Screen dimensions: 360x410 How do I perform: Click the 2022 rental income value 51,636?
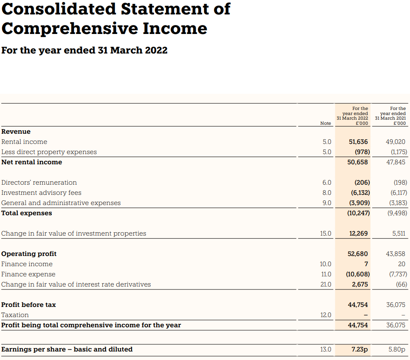pyautogui.click(x=358, y=142)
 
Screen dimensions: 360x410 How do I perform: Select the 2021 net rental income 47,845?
pyautogui.click(x=396, y=162)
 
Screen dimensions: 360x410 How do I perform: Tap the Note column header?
pyautogui.click(x=326, y=123)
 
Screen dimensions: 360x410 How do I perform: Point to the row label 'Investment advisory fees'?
pyautogui.click(x=41, y=193)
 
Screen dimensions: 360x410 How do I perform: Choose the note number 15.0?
pyautogui.click(x=326, y=233)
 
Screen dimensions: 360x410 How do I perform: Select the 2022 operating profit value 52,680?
pyautogui.click(x=358, y=254)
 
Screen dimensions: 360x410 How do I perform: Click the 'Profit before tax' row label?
pyautogui.click(x=28, y=305)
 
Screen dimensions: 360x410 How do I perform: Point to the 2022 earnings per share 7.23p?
pyautogui.click(x=359, y=349)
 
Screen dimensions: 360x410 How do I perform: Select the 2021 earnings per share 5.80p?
pyautogui.click(x=396, y=349)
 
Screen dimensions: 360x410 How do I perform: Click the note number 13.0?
pyautogui.click(x=326, y=349)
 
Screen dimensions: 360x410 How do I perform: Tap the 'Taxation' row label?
pyautogui.click(x=15, y=315)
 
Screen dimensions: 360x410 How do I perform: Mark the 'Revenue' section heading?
pyautogui.click(x=16, y=132)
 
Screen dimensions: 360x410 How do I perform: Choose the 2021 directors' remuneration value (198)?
pyautogui.click(x=400, y=183)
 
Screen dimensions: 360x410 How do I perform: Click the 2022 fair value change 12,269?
pyautogui.click(x=358, y=233)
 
